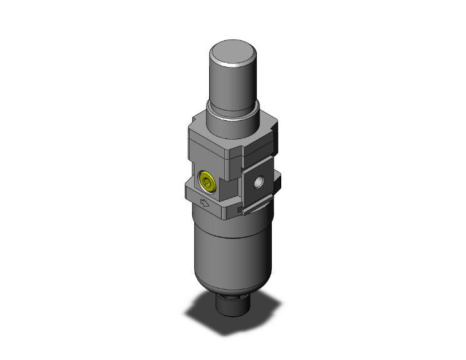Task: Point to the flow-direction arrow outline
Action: pyautogui.click(x=203, y=203)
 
